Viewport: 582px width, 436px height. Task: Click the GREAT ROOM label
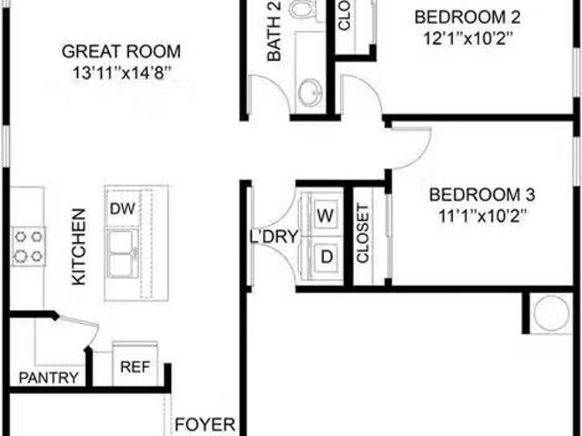click(121, 52)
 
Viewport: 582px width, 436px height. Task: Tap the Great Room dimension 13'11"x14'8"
click(121, 73)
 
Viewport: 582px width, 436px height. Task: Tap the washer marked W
click(326, 215)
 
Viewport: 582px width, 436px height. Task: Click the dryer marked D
click(326, 258)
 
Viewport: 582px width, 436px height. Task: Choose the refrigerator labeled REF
click(135, 368)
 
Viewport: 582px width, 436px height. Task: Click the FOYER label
click(206, 424)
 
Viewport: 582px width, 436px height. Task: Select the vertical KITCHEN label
click(79, 246)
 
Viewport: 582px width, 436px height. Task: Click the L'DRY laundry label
click(270, 238)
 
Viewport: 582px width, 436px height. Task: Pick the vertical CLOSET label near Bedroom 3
click(363, 236)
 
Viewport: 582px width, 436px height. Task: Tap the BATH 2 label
click(272, 33)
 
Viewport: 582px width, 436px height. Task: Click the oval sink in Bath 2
click(310, 91)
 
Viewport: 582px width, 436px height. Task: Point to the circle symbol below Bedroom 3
click(549, 314)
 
